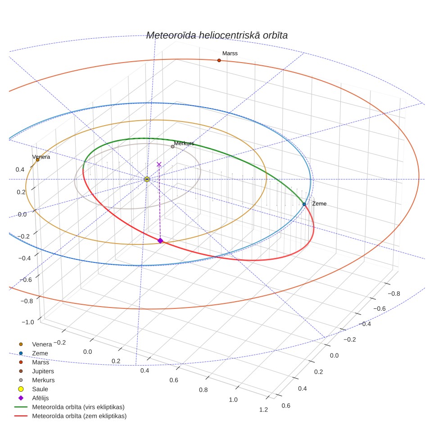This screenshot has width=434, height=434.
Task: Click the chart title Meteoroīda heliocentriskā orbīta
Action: pos(217,36)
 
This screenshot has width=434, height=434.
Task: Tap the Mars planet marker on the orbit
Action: pos(219,60)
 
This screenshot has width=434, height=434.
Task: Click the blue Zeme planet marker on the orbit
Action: pos(304,204)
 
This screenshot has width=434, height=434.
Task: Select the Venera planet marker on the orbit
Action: pos(38,160)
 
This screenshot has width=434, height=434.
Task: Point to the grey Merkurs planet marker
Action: pos(173,147)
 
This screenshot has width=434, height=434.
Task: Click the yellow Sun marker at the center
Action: pos(147,179)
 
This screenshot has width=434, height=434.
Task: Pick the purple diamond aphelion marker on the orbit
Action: pos(160,240)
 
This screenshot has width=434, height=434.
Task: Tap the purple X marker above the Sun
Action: pos(159,164)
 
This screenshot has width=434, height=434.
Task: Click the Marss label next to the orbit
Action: pos(230,54)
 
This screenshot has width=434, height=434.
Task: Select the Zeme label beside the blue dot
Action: pos(319,203)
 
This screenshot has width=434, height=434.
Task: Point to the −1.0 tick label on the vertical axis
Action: pos(27,322)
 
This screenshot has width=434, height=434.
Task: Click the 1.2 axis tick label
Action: pos(263,410)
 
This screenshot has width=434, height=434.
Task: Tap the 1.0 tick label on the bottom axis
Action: pos(233,400)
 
